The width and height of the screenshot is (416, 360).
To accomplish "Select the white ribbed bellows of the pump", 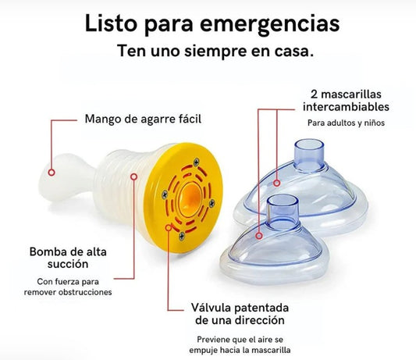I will [120, 183].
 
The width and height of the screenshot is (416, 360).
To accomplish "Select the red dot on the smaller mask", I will [258, 233].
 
